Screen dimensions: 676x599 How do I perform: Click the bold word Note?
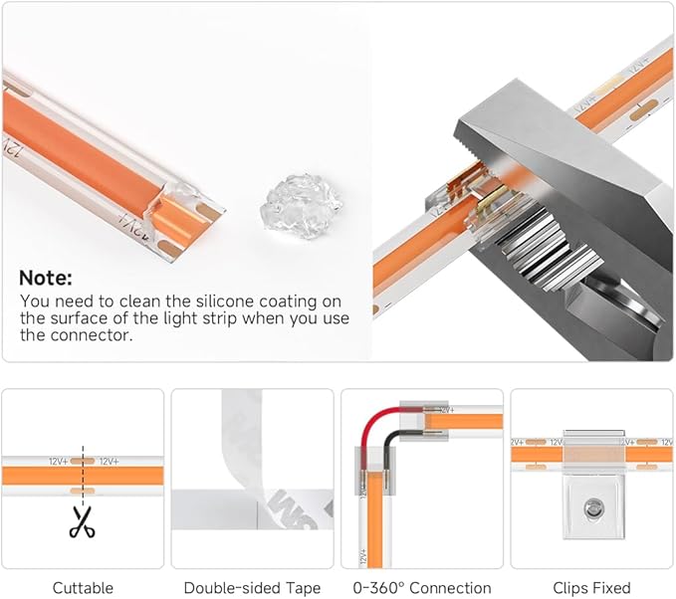click(46, 278)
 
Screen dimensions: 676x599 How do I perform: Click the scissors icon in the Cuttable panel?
click(83, 521)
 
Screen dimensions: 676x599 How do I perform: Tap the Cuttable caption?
click(83, 588)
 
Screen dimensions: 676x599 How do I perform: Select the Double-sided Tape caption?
click(252, 588)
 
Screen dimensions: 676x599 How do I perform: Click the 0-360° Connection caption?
click(422, 588)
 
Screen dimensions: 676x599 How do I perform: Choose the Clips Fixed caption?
click(591, 588)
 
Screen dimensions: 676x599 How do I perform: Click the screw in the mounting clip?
click(593, 507)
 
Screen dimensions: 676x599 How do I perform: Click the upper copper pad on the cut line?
click(83, 461)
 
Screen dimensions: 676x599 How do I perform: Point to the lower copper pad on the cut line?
click(83, 491)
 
